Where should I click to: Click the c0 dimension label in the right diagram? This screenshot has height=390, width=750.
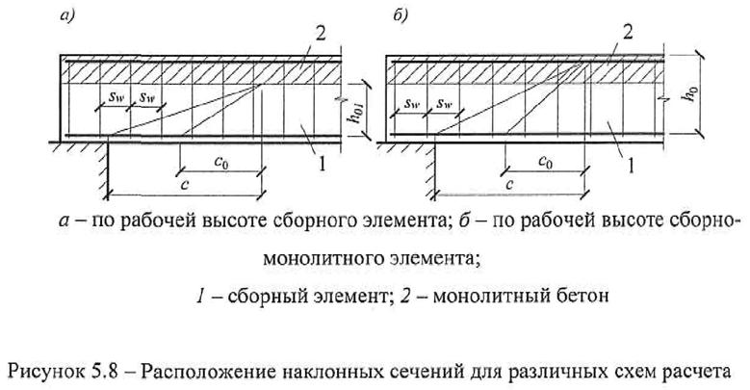(545, 158)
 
